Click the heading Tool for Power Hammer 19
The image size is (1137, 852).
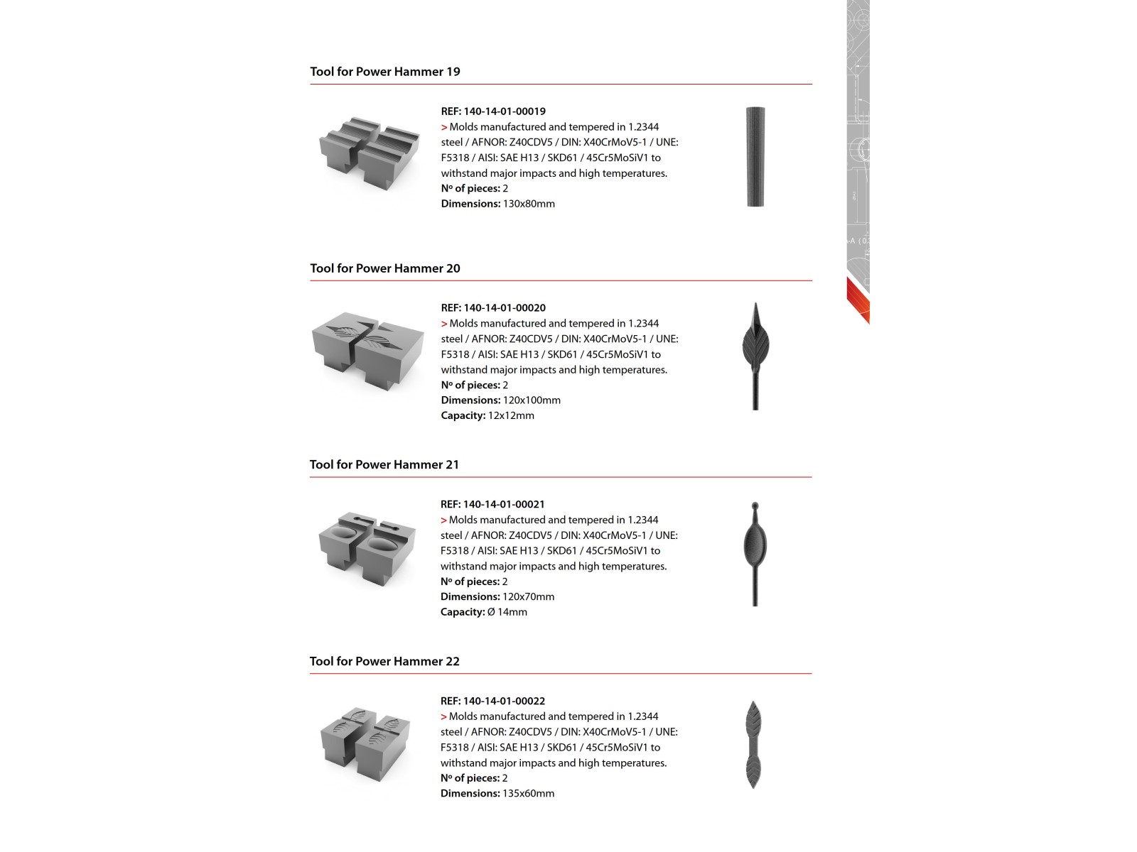point(384,72)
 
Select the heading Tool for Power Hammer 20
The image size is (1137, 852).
point(384,268)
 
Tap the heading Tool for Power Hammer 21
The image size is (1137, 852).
point(384,465)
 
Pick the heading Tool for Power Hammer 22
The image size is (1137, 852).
point(384,662)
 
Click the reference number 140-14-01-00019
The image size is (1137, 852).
point(505,111)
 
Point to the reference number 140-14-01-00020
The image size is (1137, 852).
point(505,308)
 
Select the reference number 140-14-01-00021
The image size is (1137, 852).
point(504,505)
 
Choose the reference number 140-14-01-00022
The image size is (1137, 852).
point(504,701)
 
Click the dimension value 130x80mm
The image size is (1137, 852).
point(529,204)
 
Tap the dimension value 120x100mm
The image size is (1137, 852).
point(532,400)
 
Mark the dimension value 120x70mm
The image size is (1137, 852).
point(528,597)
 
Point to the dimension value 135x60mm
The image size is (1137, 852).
point(528,794)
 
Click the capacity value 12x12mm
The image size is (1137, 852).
point(511,416)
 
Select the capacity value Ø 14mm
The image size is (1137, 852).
point(507,612)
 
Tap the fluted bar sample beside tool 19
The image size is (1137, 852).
point(755,157)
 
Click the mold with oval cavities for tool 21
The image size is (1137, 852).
point(367,547)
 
